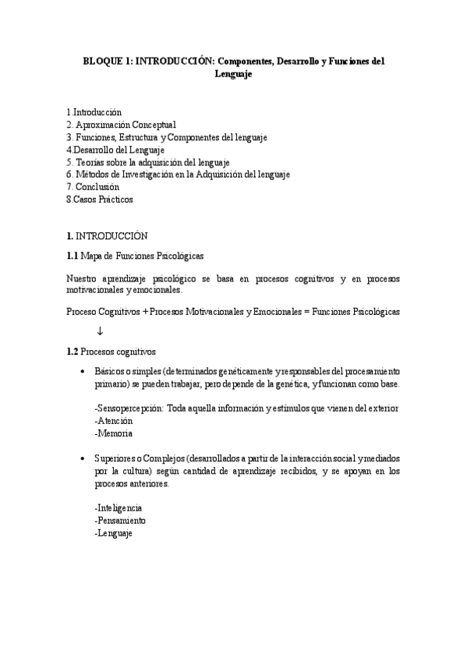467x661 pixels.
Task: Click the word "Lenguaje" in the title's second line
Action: [x=234, y=73]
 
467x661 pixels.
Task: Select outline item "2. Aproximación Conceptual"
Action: [x=121, y=124]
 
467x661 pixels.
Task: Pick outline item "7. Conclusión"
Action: [x=93, y=186]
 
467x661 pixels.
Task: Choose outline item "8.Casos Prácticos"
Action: [x=100, y=199]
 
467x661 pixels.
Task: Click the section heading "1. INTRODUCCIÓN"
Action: [x=107, y=235]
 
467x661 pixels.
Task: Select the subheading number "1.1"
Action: [x=73, y=256]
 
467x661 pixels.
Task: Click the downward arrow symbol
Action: [x=100, y=331]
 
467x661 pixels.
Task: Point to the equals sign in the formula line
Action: [x=306, y=311]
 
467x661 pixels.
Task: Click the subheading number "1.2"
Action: [x=73, y=352]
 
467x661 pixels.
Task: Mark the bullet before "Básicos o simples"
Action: [x=82, y=372]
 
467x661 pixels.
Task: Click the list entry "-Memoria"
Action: [x=112, y=433]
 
